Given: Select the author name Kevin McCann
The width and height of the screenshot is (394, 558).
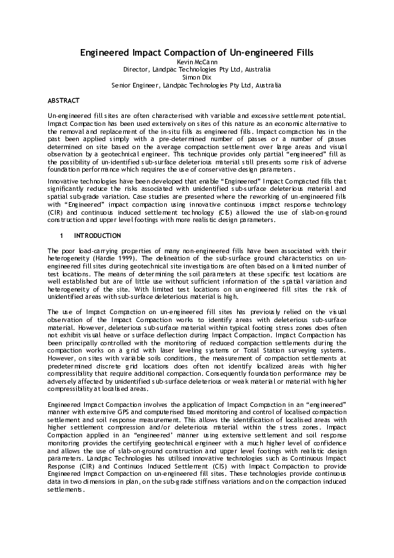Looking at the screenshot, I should tap(197, 61).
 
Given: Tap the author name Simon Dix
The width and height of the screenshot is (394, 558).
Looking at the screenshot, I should tap(197, 77).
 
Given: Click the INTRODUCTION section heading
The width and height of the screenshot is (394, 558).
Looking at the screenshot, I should tap(97, 235).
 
